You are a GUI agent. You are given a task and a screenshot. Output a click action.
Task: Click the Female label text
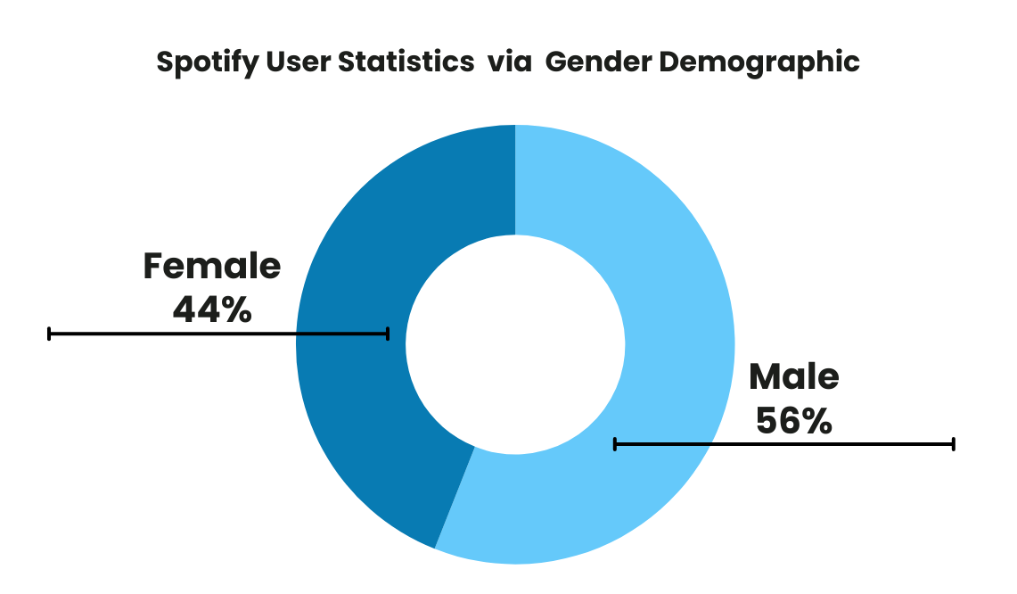click(x=212, y=267)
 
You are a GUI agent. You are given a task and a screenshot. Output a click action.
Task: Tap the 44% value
click(x=212, y=309)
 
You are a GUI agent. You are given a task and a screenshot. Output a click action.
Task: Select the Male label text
click(x=793, y=376)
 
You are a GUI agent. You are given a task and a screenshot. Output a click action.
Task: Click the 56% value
click(x=793, y=420)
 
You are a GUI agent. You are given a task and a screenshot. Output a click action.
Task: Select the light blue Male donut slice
click(x=660, y=268)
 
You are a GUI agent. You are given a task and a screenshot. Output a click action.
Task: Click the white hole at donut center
click(x=515, y=344)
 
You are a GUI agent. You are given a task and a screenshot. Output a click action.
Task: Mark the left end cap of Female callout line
click(x=50, y=334)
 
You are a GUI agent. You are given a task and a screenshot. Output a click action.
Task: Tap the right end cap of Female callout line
click(x=388, y=334)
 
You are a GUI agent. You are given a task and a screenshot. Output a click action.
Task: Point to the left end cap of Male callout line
click(x=615, y=443)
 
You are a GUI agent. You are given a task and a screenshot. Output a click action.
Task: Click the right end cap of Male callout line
click(x=954, y=443)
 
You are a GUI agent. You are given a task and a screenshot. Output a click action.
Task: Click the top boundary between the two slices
click(x=515, y=178)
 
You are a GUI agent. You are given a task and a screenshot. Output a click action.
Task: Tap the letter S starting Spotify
click(x=164, y=62)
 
